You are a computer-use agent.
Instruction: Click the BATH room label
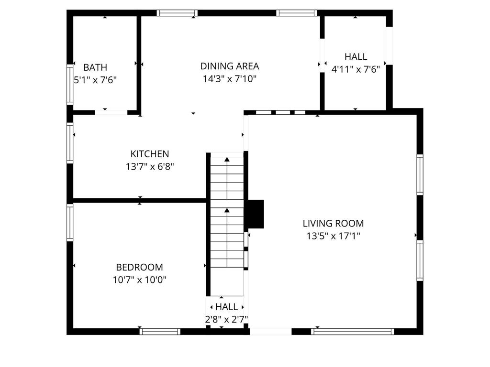95,67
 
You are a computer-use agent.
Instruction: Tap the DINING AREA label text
230,66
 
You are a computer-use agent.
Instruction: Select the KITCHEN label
150,154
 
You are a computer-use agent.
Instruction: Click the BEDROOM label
139,267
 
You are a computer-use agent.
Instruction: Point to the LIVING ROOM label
333,223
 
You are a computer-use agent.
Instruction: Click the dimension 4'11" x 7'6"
356,69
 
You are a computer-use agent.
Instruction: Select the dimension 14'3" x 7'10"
230,79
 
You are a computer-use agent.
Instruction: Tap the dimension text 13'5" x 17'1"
333,236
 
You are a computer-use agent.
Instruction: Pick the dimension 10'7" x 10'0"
139,280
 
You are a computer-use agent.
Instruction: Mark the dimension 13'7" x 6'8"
150,166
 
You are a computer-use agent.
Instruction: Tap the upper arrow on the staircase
227,159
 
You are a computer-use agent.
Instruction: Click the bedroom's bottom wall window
160,331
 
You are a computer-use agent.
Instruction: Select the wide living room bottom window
353,331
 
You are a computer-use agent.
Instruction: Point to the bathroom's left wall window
70,84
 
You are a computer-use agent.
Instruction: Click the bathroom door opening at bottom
111,112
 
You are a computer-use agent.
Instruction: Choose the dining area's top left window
177,13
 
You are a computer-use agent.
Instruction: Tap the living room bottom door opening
270,331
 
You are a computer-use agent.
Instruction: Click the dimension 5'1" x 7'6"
95,80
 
